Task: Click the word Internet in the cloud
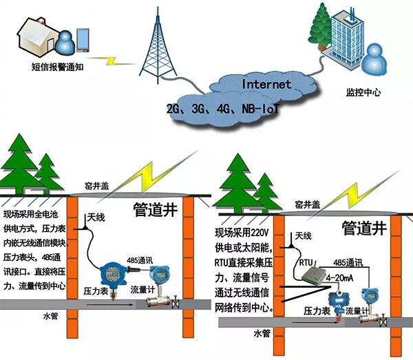[266, 85]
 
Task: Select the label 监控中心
[363, 92]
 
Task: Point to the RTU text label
[307, 262]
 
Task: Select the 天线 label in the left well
[96, 218]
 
